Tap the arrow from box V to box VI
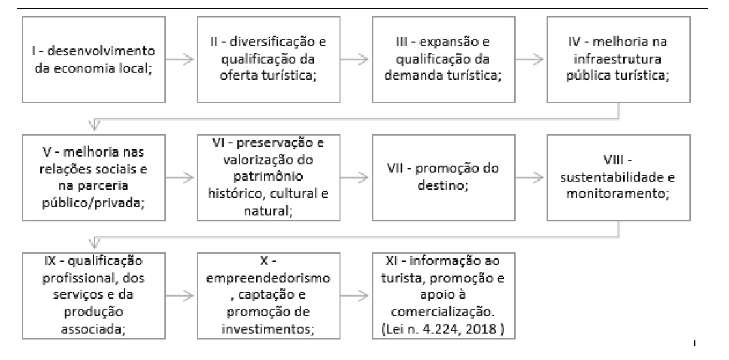click(x=183, y=176)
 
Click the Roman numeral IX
click(x=38, y=262)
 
